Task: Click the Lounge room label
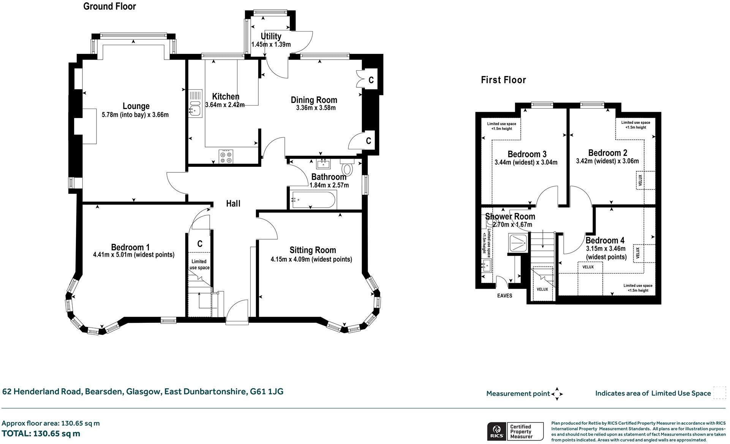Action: coord(136,106)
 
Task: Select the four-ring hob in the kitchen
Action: coord(226,157)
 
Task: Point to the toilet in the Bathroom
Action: coord(347,167)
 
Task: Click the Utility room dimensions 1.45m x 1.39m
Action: coord(271,44)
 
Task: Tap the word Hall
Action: coord(233,204)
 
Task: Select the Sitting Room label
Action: coord(313,250)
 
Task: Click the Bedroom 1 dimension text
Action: coord(133,255)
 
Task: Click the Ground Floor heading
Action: coord(109,6)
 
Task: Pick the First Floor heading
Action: coord(503,80)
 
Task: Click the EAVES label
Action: coord(504,296)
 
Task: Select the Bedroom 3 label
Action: coord(527,154)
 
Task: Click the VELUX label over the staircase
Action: coord(542,289)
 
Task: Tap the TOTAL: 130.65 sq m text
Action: coord(41,433)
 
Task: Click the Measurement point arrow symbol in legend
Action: coord(557,394)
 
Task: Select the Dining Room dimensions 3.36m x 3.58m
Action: coord(316,108)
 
